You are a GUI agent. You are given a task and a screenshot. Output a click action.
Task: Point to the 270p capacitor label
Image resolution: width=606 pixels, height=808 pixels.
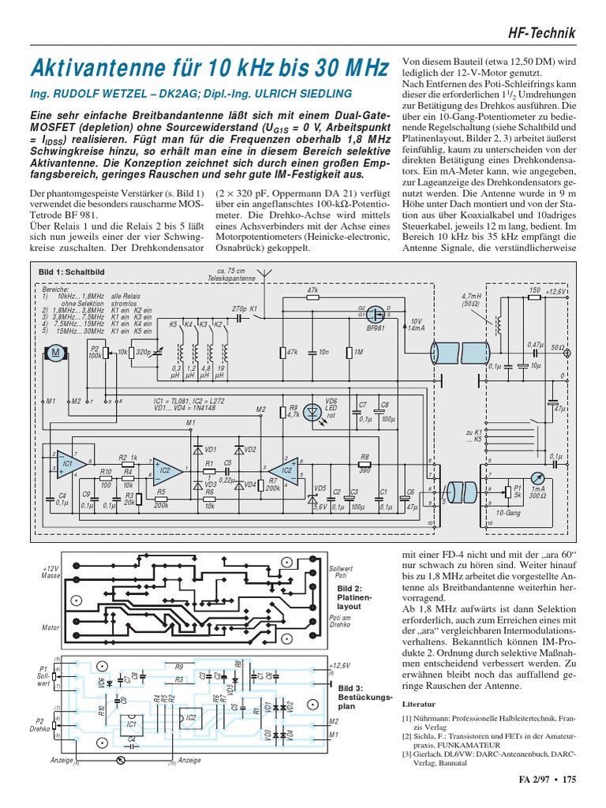click(240, 309)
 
